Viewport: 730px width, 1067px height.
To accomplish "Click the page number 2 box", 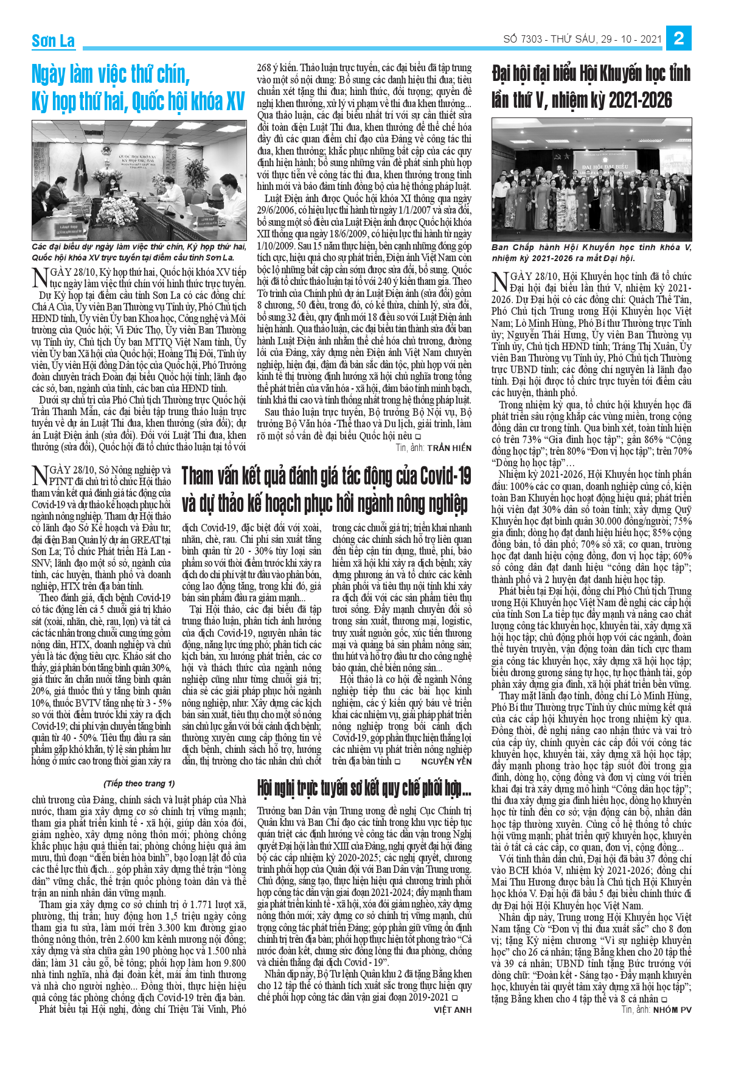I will click(679, 39).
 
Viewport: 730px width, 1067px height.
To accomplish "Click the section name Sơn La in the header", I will click(53, 41).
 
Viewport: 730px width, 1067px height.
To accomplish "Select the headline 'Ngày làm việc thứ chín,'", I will click(111, 74).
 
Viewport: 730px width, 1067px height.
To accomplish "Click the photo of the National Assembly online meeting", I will click(139, 180).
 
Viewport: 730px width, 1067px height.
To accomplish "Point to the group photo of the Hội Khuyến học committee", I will click(591, 180).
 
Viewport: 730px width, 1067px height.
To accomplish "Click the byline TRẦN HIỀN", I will click(449, 447).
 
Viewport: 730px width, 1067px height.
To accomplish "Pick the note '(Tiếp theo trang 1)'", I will click(139, 783).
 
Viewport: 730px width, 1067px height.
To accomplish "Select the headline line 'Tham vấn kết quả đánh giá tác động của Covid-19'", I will click(326, 476).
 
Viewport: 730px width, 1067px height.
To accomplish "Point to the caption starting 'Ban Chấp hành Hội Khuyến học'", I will click(591, 252).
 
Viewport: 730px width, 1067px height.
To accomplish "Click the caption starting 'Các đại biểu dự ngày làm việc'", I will click(139, 251).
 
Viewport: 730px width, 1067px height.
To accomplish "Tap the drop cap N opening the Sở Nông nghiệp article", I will click(40, 475).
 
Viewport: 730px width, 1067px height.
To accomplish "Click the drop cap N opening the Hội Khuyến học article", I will click(499, 281).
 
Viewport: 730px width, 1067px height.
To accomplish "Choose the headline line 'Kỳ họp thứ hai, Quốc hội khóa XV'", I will click(138, 102).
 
